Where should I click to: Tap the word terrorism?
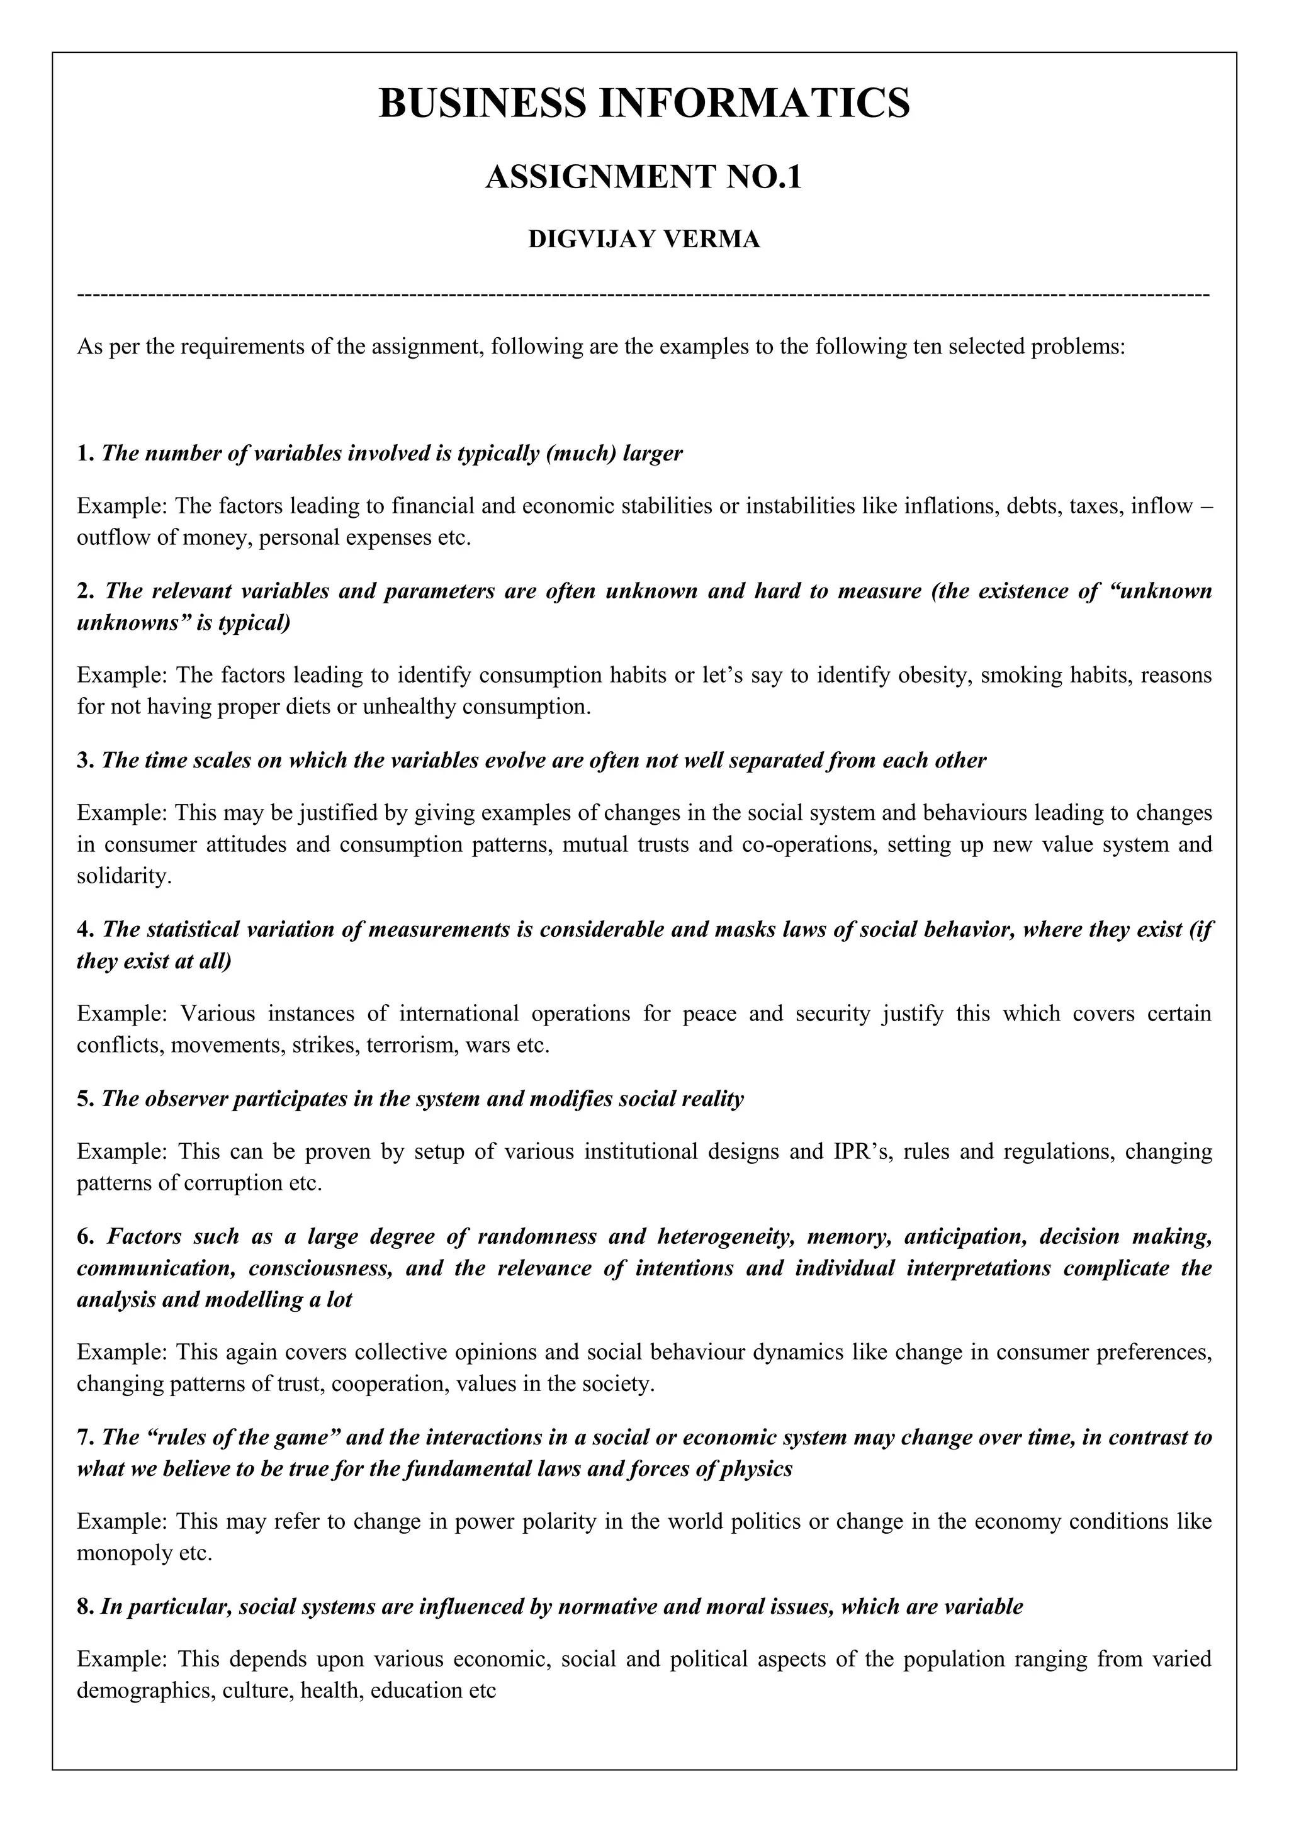(x=412, y=1045)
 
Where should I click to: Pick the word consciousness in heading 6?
(x=320, y=1268)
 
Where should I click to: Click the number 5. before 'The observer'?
(x=86, y=1099)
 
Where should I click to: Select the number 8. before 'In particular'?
(x=86, y=1607)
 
